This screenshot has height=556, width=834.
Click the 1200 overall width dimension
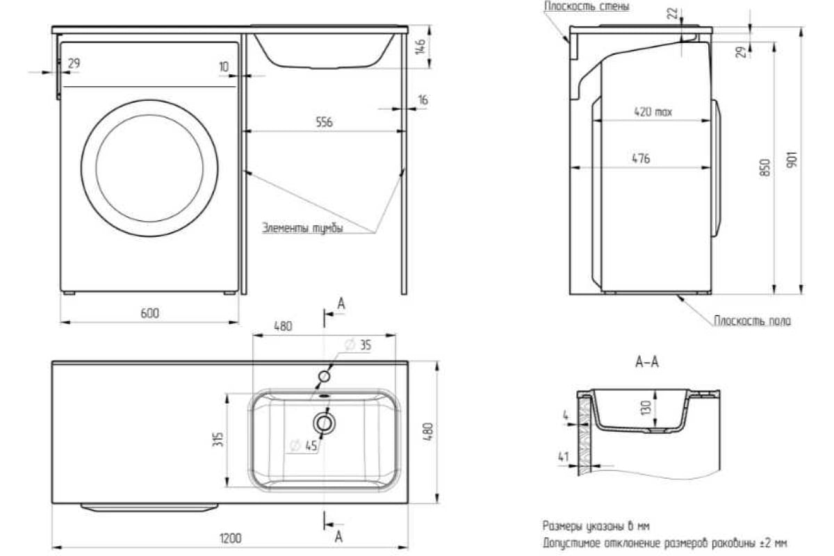231,538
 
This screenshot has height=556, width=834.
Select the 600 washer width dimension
149,313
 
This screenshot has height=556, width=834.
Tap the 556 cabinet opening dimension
324,122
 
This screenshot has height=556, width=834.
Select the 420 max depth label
653,111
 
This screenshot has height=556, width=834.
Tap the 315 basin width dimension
217,439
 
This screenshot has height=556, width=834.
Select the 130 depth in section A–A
647,407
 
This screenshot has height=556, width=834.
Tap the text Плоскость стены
587,6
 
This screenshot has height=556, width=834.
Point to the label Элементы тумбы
302,227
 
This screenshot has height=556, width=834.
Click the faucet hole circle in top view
324,376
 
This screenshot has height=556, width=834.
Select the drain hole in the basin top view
324,421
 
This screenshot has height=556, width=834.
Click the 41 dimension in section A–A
564,457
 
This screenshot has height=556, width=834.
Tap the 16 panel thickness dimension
423,100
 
